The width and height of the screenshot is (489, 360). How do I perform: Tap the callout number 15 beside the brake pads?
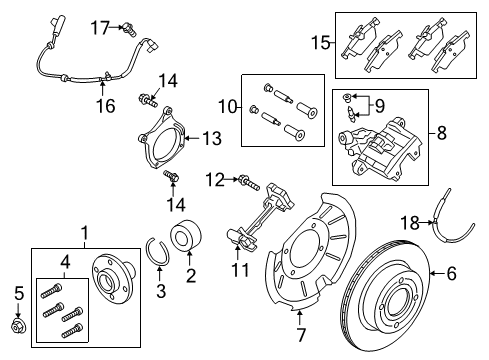318,44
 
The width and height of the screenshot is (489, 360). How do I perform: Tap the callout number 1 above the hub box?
84,233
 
